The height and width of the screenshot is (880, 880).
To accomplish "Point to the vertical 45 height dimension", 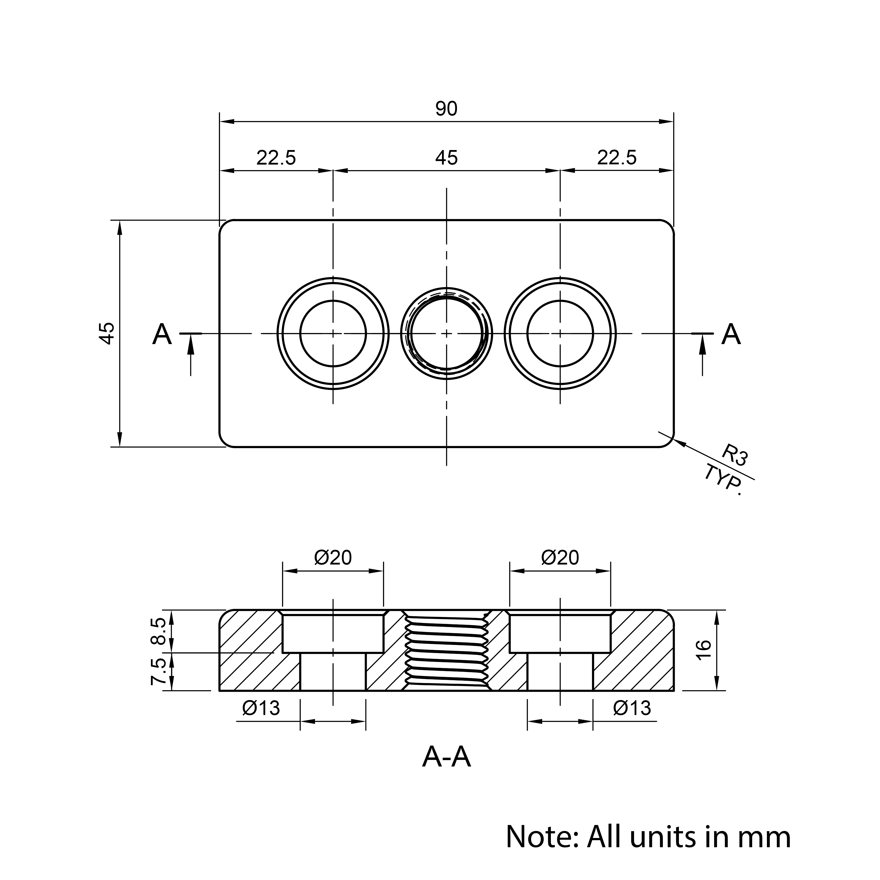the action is coord(108,334).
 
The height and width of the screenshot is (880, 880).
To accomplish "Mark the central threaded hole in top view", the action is coord(446,334).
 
